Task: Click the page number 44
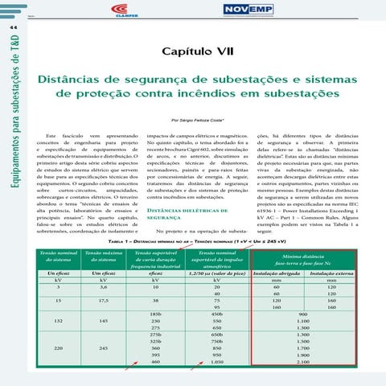pos(14,27)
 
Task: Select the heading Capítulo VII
pos(196,51)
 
